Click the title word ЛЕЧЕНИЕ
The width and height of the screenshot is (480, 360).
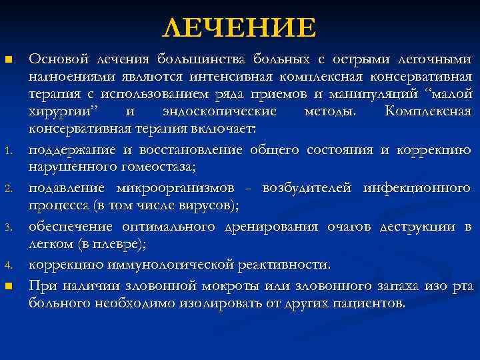coord(239,27)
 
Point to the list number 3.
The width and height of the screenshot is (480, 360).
coord(9,227)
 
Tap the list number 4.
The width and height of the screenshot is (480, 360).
coord(9,265)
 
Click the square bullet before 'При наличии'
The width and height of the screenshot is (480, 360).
coord(9,286)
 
